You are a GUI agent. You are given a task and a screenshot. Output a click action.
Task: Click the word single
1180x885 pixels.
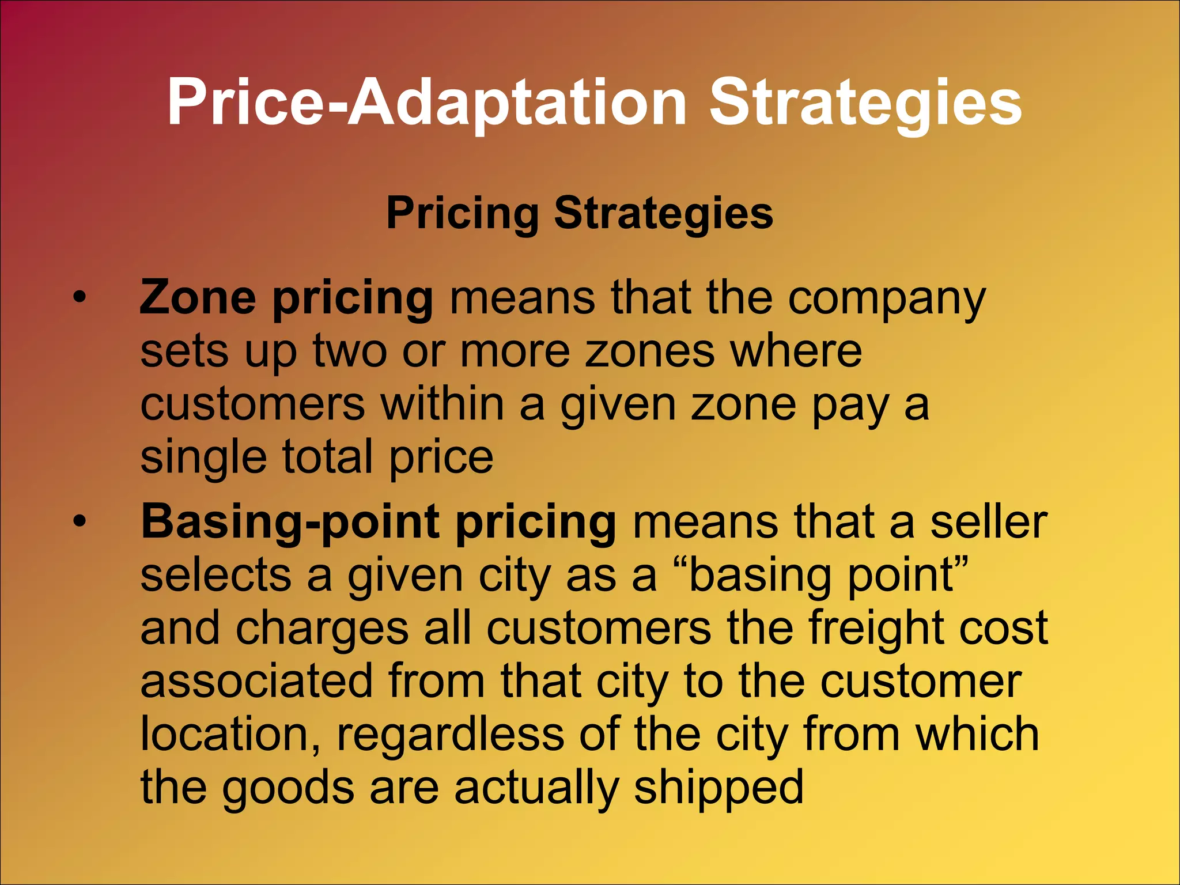203,458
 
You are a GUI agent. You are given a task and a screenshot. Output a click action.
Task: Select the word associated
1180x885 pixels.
256,680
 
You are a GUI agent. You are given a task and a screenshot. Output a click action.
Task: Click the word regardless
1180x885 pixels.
450,735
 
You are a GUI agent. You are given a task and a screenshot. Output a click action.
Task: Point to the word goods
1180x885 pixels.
288,788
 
